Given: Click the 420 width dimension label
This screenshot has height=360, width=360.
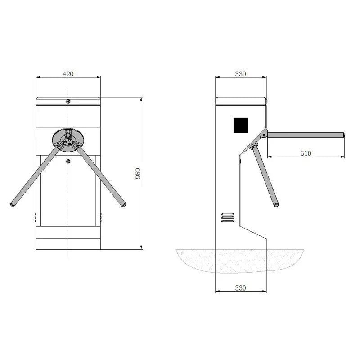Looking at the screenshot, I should (x=67, y=74).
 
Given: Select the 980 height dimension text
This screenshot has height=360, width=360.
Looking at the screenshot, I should (x=138, y=173).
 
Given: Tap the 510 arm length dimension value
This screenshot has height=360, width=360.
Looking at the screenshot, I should (x=306, y=153).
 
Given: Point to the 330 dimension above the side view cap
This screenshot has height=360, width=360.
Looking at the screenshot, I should (x=241, y=74).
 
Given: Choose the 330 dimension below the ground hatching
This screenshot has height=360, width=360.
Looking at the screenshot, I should (x=241, y=288).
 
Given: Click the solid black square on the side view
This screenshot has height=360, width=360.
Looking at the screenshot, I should (x=241, y=125).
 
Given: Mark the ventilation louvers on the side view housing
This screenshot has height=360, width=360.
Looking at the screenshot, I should (x=228, y=216).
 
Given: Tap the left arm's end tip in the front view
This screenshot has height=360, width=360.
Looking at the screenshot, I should (x=12, y=205).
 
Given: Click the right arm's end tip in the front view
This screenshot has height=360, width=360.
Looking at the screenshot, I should (x=124, y=205).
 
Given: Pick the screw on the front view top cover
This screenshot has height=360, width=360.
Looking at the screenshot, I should (x=68, y=101).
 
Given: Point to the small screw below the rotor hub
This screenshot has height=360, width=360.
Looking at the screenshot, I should (x=68, y=162).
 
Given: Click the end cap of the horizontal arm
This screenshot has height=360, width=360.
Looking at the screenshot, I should (x=344, y=135).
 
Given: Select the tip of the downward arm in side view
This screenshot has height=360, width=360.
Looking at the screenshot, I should (x=276, y=205).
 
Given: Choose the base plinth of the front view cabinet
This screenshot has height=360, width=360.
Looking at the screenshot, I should (x=68, y=243).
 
